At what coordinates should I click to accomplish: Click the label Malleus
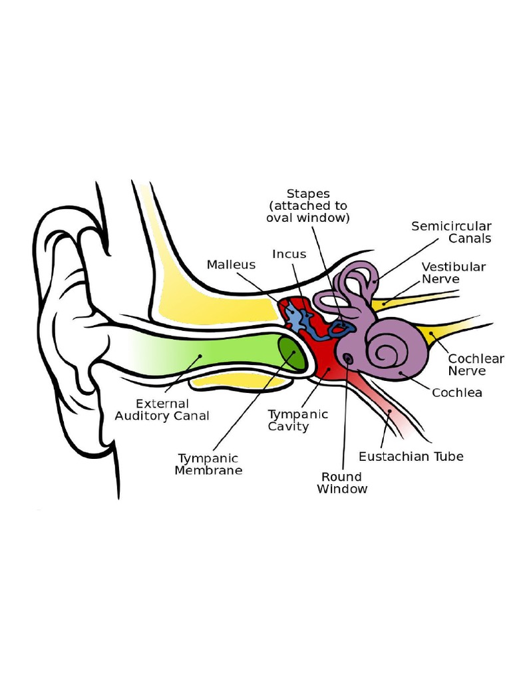tap(231, 264)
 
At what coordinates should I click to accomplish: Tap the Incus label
tap(289, 254)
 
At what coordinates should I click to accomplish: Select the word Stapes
tap(308, 194)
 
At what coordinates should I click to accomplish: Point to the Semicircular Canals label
tap(452, 232)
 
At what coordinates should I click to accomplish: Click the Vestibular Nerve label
tap(453, 272)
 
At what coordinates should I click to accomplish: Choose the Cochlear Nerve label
tap(476, 364)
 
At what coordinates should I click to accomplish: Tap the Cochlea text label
tap(456, 393)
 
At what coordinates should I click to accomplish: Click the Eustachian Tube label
tap(411, 456)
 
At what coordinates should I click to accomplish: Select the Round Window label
tap(342, 483)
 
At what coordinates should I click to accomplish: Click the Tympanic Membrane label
tap(208, 464)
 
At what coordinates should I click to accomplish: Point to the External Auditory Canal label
tap(162, 410)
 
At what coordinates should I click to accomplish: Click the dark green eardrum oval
tap(292, 353)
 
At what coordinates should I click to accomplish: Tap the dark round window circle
tap(348, 358)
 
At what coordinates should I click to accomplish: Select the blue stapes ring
tap(341, 329)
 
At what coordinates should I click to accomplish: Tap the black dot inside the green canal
tap(200, 356)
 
